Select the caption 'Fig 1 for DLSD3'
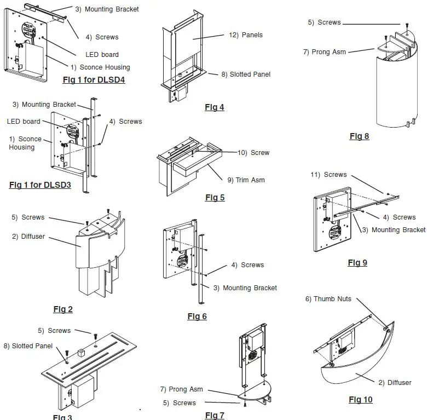(x=40, y=185)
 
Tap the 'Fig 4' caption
(x=215, y=107)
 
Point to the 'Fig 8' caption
(x=359, y=136)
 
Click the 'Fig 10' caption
(x=360, y=400)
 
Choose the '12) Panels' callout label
(x=245, y=35)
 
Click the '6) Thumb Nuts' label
(x=328, y=299)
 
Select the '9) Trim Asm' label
(x=246, y=180)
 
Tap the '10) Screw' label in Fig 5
(x=253, y=153)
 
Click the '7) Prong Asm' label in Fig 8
(x=324, y=52)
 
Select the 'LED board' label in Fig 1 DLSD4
(x=102, y=55)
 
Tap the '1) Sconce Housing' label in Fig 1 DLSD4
(x=100, y=67)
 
